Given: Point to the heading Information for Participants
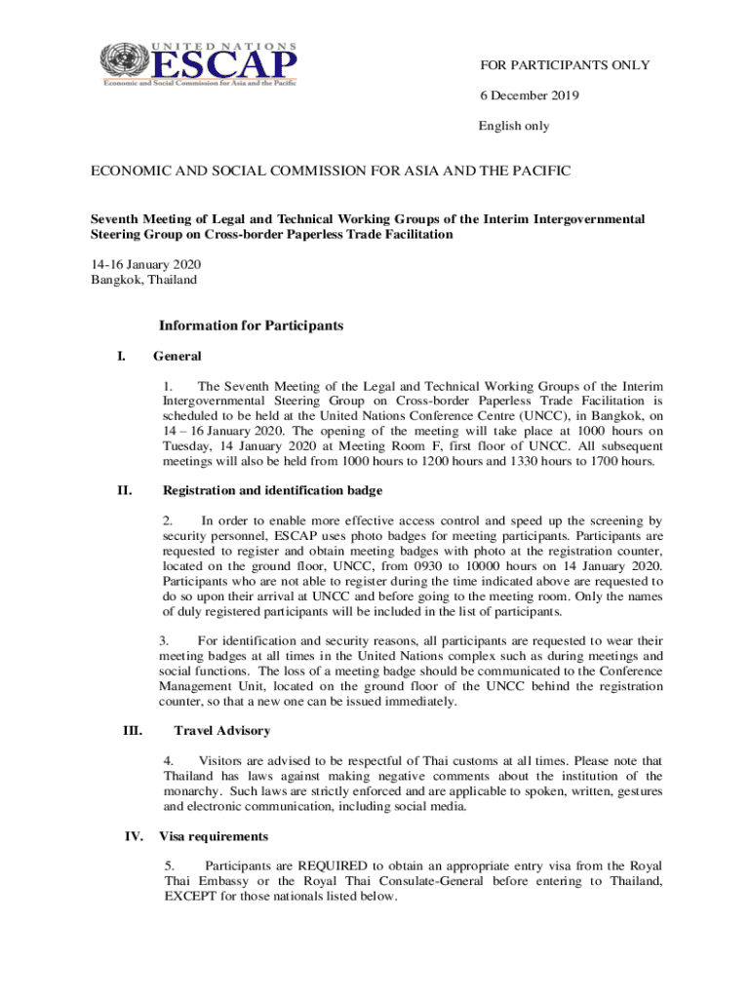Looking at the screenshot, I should pyautogui.click(x=251, y=326).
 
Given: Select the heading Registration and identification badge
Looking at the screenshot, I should pyautogui.click(x=272, y=490).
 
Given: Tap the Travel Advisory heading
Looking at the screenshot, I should pyautogui.click(x=221, y=730).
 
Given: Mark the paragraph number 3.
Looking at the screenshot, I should pyautogui.click(x=165, y=641).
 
